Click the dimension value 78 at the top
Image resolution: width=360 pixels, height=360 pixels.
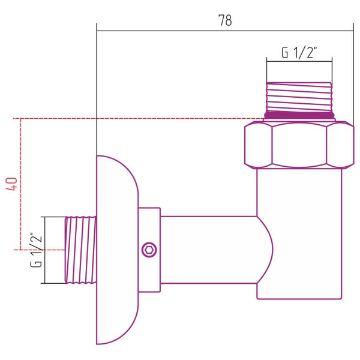click(x=225, y=20)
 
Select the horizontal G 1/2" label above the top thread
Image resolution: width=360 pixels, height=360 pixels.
click(x=299, y=52)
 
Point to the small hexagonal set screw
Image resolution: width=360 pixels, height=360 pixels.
click(x=148, y=250)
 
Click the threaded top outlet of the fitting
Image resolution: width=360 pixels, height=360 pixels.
click(x=299, y=96)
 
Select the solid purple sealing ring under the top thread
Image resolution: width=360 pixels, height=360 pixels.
click(x=299, y=115)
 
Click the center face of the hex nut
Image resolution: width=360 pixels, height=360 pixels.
click(x=299, y=144)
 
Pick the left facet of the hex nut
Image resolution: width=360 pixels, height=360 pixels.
click(x=258, y=144)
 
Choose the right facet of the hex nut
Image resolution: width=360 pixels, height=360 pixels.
click(x=340, y=144)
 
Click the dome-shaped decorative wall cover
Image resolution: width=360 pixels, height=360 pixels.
click(x=117, y=250)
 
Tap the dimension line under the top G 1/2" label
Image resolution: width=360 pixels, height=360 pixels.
click(x=299, y=60)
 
